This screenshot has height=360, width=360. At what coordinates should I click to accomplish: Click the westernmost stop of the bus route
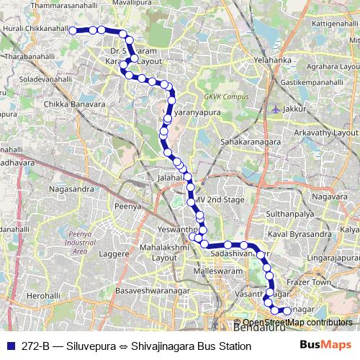72,30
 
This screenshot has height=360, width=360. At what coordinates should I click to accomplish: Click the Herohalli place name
44,296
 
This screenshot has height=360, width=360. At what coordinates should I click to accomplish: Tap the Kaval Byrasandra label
299,235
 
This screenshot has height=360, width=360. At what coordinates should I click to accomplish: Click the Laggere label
114,254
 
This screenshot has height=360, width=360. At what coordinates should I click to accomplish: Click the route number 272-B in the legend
36,346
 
